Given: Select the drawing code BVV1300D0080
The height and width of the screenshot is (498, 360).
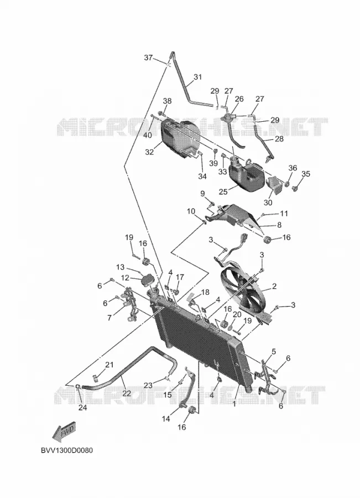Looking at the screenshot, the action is coord(67,450).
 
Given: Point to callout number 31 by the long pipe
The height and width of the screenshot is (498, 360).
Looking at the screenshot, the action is coord(197,77).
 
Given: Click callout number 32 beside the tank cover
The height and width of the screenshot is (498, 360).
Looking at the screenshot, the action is coord(149,152).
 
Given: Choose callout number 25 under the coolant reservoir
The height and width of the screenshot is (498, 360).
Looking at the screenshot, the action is coord(223,192).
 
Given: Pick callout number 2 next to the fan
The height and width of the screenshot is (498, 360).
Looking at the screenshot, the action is coord(274,286).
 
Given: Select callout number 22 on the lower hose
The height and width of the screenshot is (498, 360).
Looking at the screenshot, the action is coord(127,393).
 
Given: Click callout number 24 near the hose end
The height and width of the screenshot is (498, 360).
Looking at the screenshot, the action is coord(82,407).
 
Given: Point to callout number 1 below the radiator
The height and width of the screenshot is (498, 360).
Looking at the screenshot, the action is coord(234,404).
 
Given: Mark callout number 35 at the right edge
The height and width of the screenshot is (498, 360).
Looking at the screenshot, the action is coord(306,174).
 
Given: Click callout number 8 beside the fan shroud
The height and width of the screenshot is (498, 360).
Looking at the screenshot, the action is coord(279,225).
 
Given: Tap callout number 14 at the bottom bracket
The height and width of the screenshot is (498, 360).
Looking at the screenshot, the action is coord(166,419).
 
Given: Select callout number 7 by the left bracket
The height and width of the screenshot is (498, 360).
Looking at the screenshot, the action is coord(109,318).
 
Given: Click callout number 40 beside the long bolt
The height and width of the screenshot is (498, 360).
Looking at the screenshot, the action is coord(147,135).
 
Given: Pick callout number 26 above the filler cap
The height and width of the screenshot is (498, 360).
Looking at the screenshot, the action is coord(239,99).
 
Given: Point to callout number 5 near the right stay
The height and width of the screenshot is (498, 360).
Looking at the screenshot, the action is coord(273,351).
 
